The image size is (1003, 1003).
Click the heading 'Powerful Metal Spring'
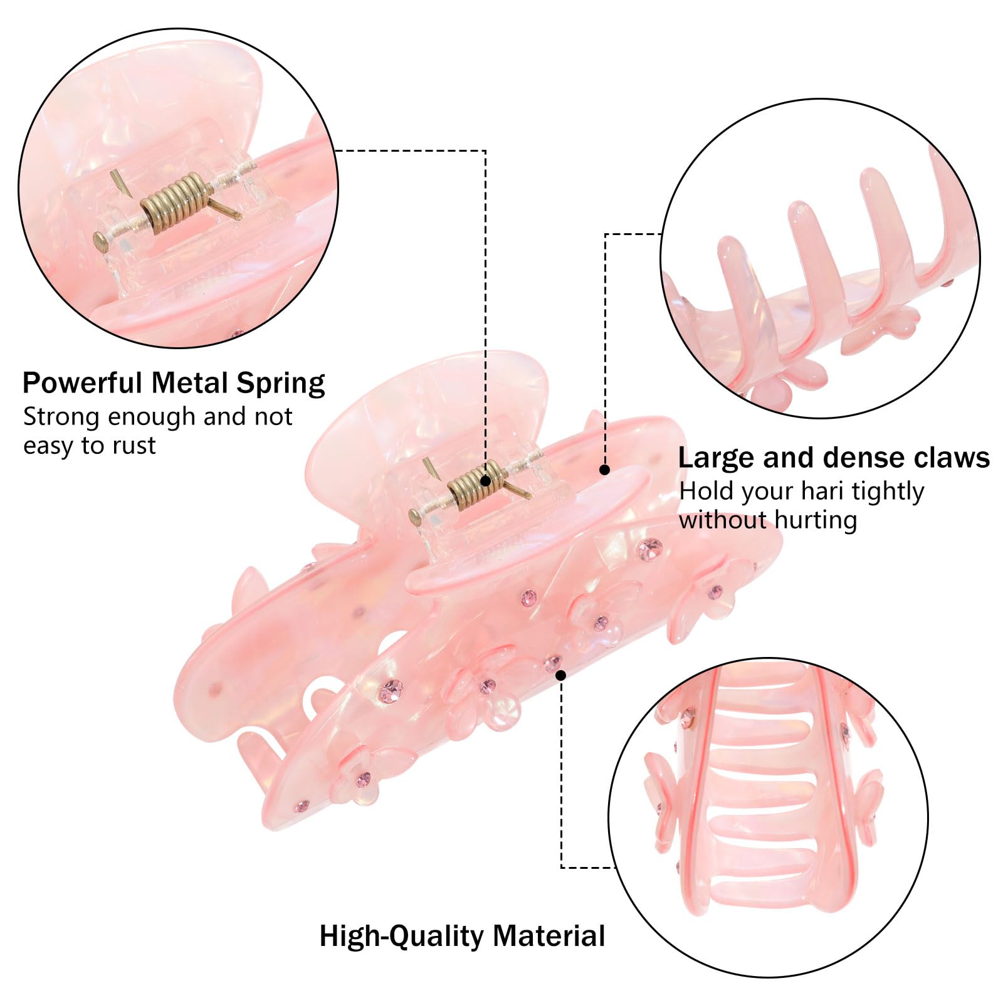(x=174, y=383)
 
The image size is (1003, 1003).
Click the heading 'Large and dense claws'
(x=834, y=458)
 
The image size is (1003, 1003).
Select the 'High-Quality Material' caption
(x=463, y=937)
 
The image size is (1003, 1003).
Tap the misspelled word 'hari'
(x=824, y=491)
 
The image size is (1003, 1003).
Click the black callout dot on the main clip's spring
(x=485, y=481)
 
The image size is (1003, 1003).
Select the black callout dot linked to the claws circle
(x=605, y=470)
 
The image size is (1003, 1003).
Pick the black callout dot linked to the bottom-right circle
(x=561, y=675)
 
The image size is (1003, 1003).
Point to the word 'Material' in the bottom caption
(x=549, y=936)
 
